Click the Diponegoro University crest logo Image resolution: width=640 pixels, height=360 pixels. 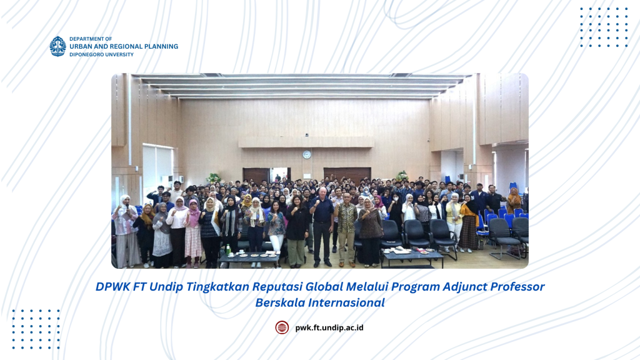pos(57,46)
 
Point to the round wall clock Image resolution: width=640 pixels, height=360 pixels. pos(306,154)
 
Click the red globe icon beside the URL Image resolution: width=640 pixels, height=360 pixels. pos(282,327)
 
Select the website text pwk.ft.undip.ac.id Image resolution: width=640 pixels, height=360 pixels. pos(329,327)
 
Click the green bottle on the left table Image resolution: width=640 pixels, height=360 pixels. pos(228,249)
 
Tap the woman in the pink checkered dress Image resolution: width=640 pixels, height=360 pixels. pos(192,233)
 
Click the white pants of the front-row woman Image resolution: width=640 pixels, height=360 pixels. pos(276,244)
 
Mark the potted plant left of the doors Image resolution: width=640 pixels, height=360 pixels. pos(213,178)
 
